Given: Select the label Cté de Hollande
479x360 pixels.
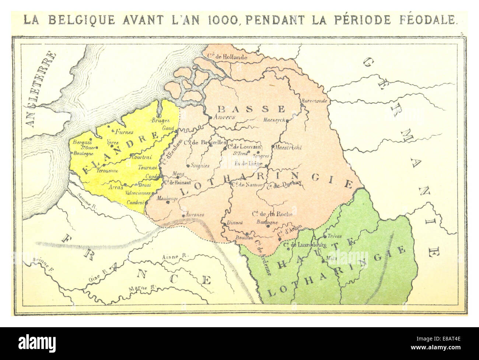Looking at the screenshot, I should pyautogui.click(x=227, y=57).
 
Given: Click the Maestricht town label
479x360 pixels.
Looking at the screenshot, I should pyautogui.click(x=289, y=147).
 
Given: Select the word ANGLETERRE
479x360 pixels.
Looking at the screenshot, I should pyautogui.click(x=42, y=90).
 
